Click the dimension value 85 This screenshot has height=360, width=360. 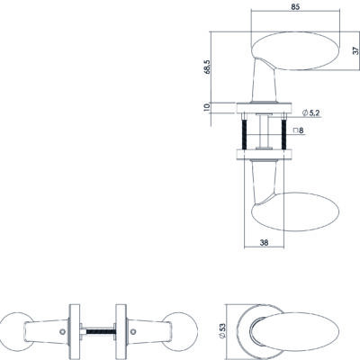295,7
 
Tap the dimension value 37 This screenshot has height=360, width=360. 355,50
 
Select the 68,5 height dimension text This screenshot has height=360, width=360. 208,67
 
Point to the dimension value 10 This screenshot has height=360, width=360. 207,107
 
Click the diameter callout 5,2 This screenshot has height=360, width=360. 310,113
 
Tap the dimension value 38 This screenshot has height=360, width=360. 264,243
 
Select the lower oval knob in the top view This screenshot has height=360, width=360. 295,211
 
